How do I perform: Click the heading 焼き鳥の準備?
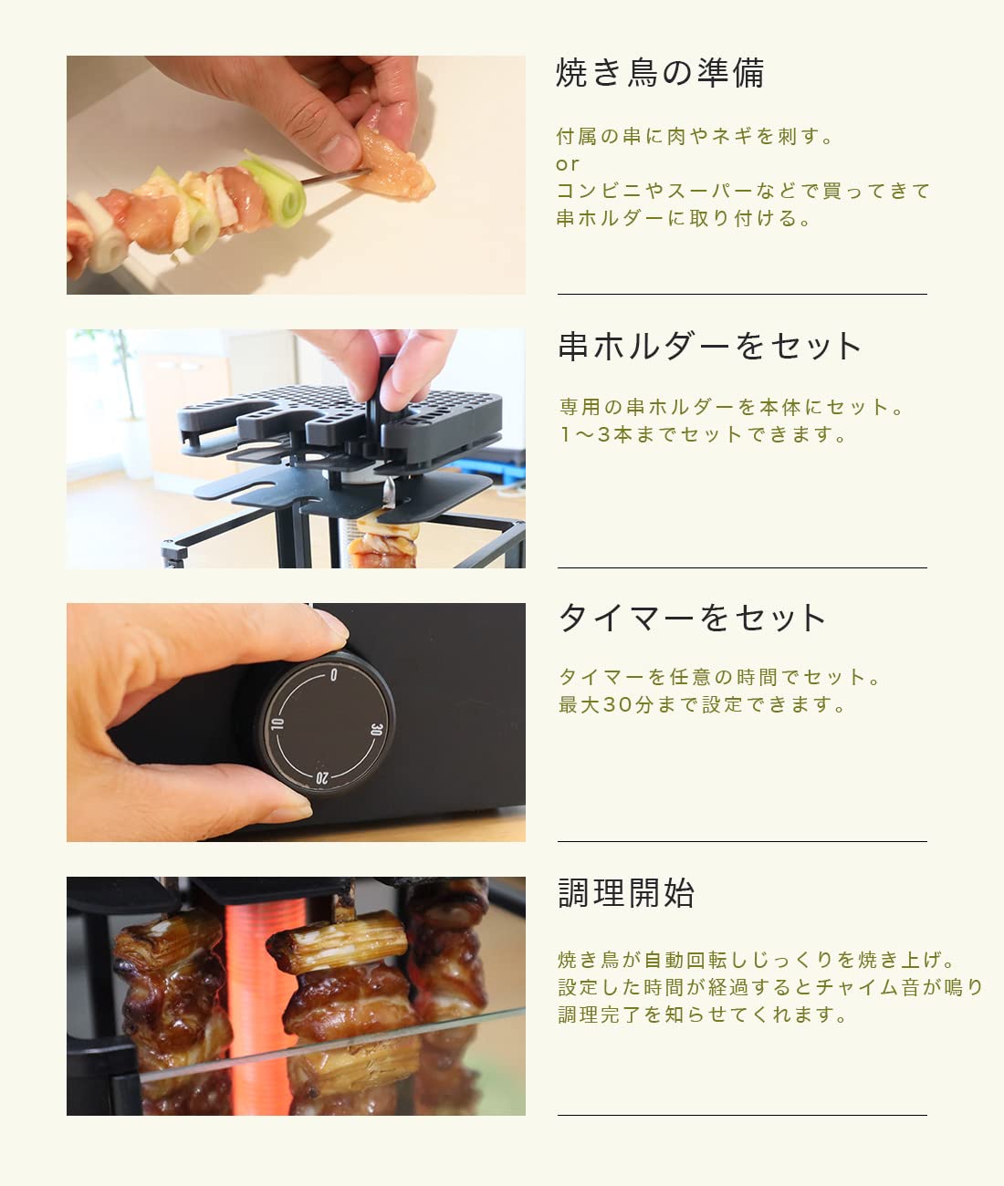pyautogui.click(x=660, y=73)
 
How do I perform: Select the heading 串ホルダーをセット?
pyautogui.click(x=709, y=346)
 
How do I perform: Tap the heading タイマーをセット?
pyautogui.click(x=692, y=618)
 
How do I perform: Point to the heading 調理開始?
pyautogui.click(x=626, y=892)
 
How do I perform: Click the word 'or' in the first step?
pyautogui.click(x=567, y=165)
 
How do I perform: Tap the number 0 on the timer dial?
pyautogui.click(x=333, y=675)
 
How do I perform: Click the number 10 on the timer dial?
pyautogui.click(x=277, y=724)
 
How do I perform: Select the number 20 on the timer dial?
pyautogui.click(x=321, y=778)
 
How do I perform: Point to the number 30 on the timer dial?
pyautogui.click(x=376, y=729)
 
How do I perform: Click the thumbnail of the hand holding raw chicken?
pyautogui.click(x=296, y=175)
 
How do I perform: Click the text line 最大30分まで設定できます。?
pyautogui.click(x=702, y=704)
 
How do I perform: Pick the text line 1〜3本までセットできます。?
pyautogui.click(x=703, y=435)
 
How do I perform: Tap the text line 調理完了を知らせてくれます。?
pyautogui.click(x=703, y=1014)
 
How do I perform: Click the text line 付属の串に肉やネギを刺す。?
pyautogui.click(x=695, y=137)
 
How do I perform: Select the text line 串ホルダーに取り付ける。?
pyautogui.click(x=683, y=219)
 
